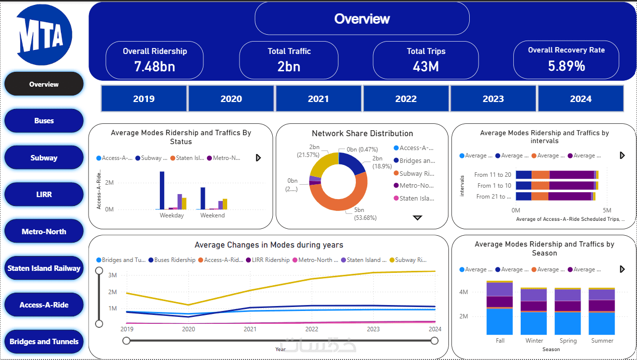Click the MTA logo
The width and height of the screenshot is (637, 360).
[x=44, y=35]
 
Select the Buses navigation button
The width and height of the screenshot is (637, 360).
[x=44, y=121]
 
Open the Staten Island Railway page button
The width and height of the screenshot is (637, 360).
[x=44, y=268]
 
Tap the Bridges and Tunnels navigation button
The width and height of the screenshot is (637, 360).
[x=44, y=342]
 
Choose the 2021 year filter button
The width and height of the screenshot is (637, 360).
[x=318, y=99]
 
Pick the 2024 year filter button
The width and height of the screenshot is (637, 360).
[x=581, y=99]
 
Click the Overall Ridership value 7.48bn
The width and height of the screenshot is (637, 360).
[x=154, y=66]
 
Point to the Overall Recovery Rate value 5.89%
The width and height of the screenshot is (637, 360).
[x=566, y=66]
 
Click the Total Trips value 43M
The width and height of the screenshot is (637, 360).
[x=426, y=66]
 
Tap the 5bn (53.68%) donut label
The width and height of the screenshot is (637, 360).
[x=365, y=214]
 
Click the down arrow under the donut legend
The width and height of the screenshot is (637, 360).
[x=417, y=217]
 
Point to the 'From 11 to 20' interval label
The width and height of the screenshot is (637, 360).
[x=492, y=175]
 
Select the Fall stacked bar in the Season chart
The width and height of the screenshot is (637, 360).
[x=499, y=309]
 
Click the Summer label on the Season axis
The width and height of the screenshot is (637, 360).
[x=602, y=341]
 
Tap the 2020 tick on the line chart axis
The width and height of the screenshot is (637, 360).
[x=189, y=329]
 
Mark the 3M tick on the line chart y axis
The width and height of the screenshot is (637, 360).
[x=112, y=275]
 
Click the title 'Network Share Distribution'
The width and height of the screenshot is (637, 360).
[x=362, y=134]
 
